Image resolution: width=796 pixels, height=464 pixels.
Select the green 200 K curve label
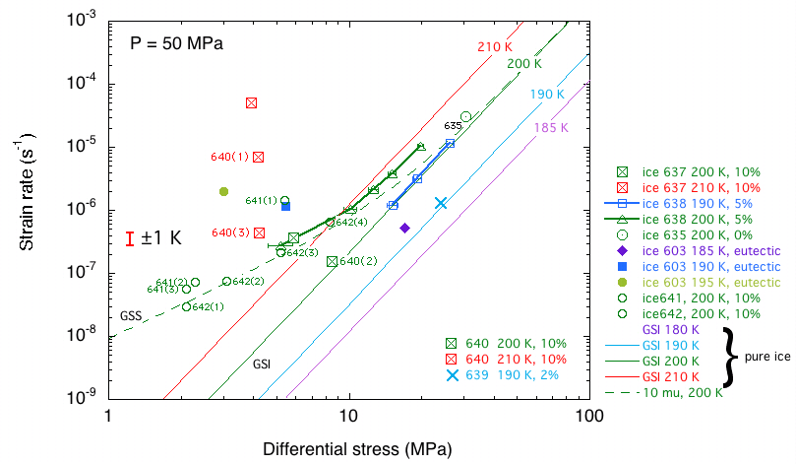click(x=523, y=64)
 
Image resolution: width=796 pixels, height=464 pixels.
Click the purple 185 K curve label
click(x=550, y=128)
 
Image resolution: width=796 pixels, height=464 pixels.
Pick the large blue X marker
click(x=441, y=203)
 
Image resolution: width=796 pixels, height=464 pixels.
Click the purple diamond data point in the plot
click(x=404, y=228)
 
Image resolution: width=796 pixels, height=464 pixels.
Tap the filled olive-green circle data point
click(x=224, y=192)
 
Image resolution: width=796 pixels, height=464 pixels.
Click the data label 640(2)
click(x=357, y=261)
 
